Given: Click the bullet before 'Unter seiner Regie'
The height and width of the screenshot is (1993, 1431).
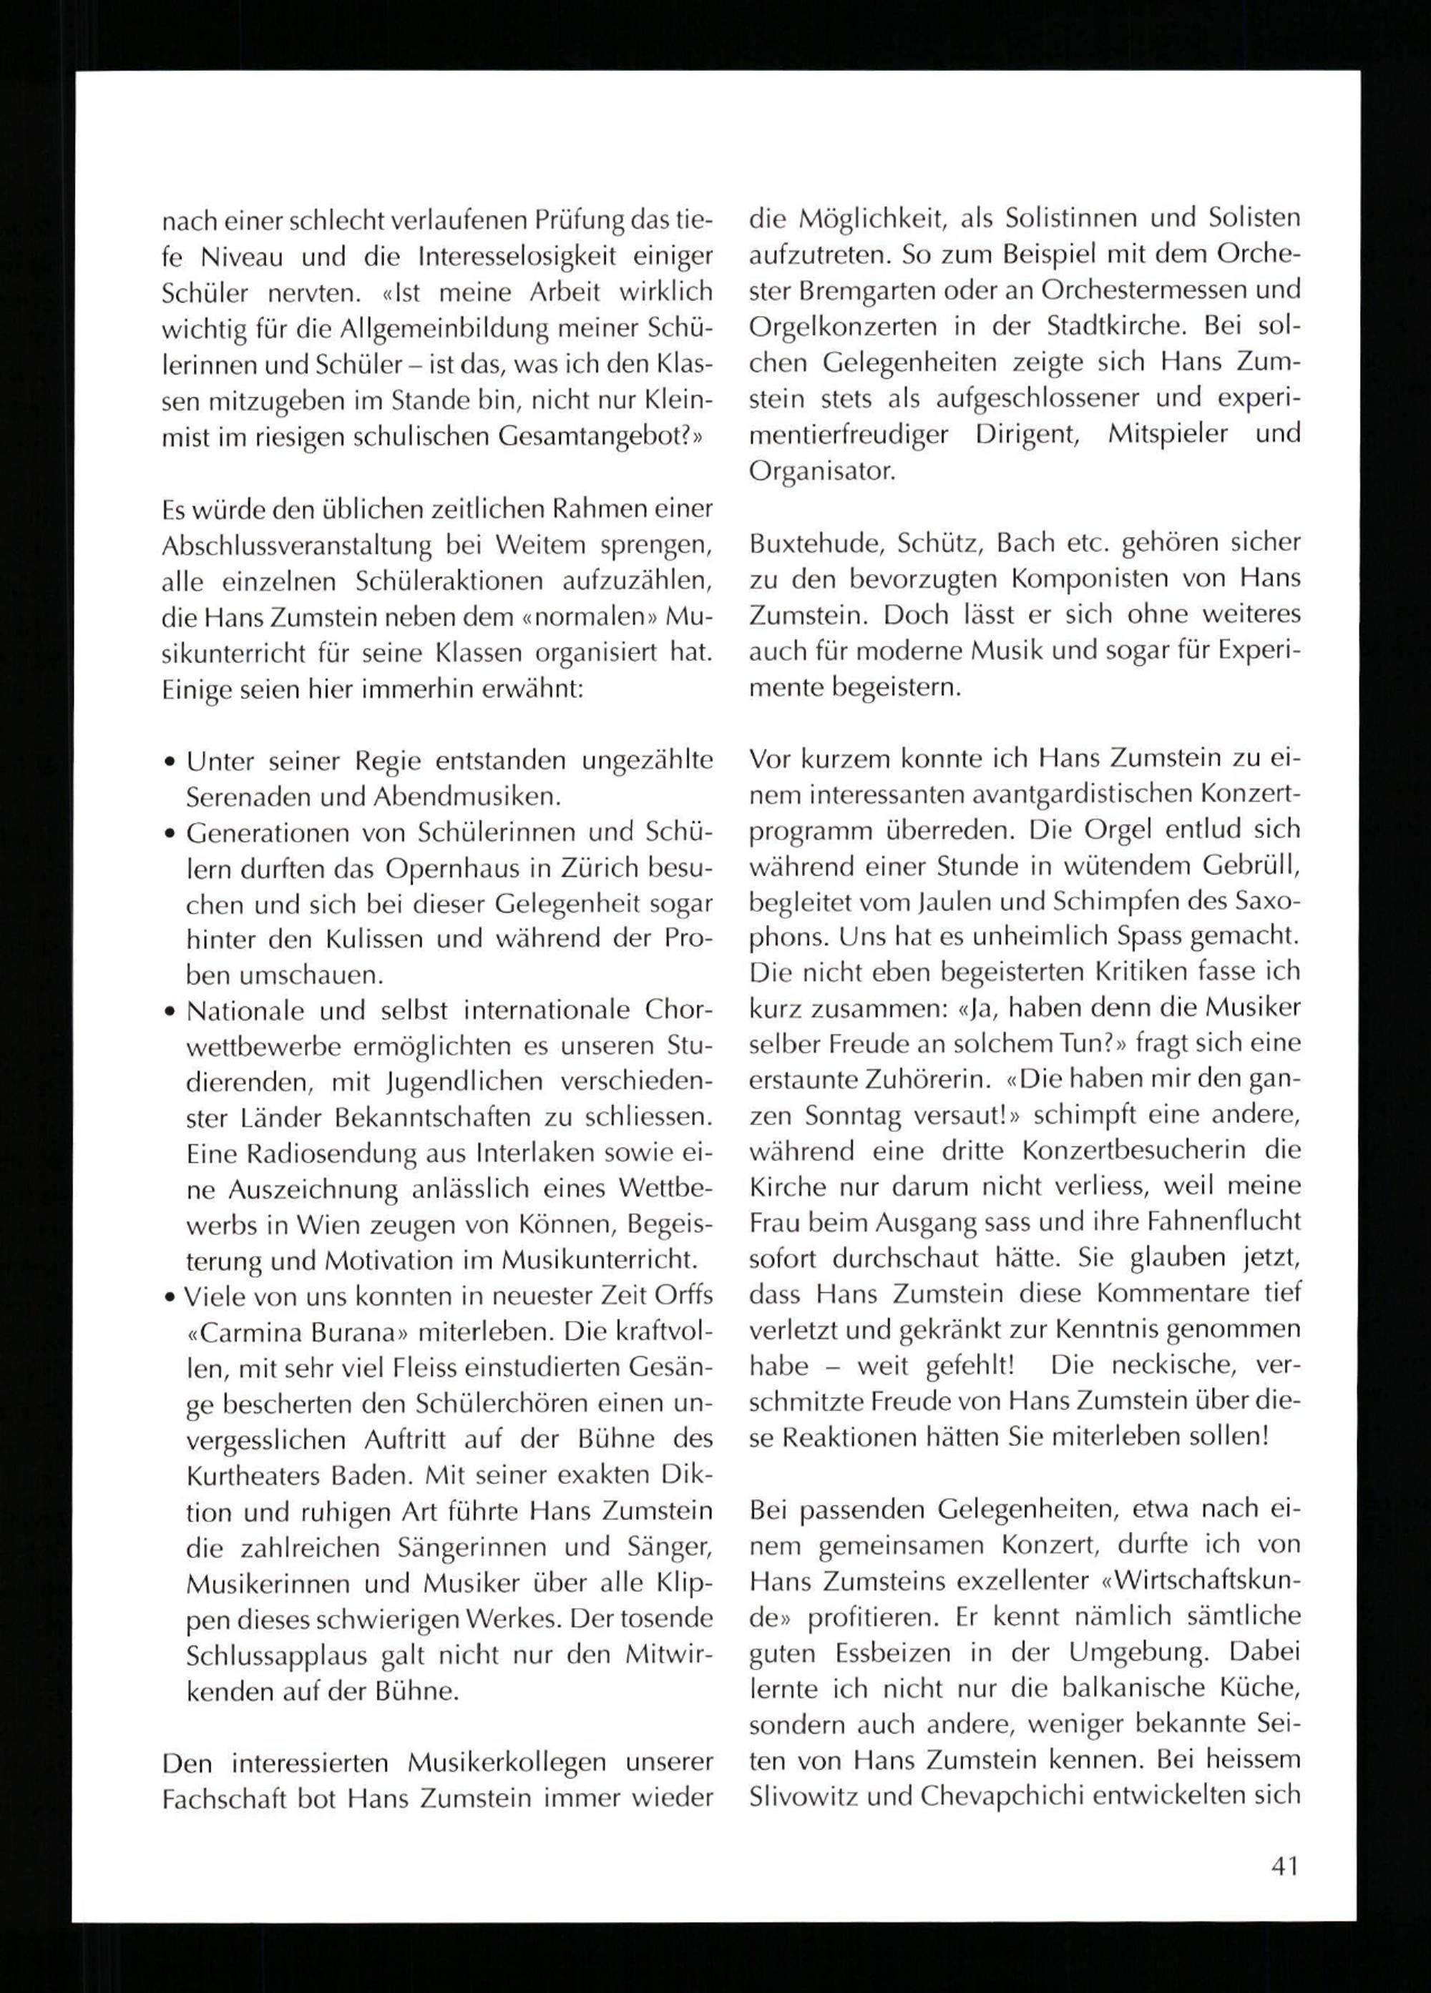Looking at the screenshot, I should (x=169, y=762).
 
